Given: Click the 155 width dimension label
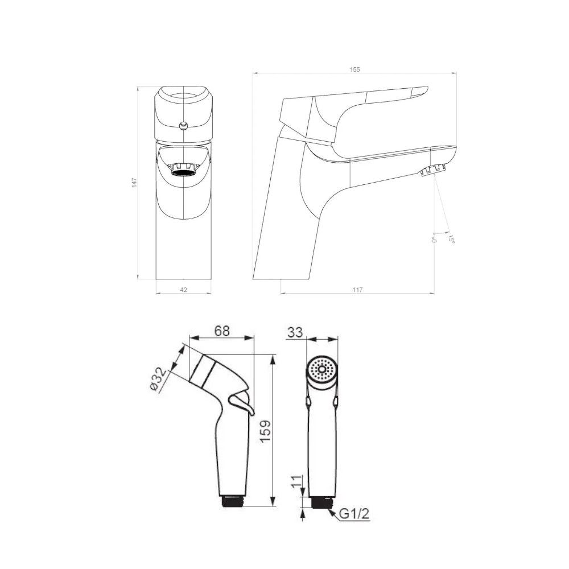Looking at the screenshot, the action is click(355, 69).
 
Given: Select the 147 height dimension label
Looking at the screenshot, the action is click(134, 182).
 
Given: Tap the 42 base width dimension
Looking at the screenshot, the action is click(184, 290).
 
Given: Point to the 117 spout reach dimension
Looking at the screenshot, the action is click(357, 290).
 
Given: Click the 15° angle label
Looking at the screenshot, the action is click(451, 239).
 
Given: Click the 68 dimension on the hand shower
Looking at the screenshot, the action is click(222, 331).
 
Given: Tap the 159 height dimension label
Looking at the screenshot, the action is click(265, 431).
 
